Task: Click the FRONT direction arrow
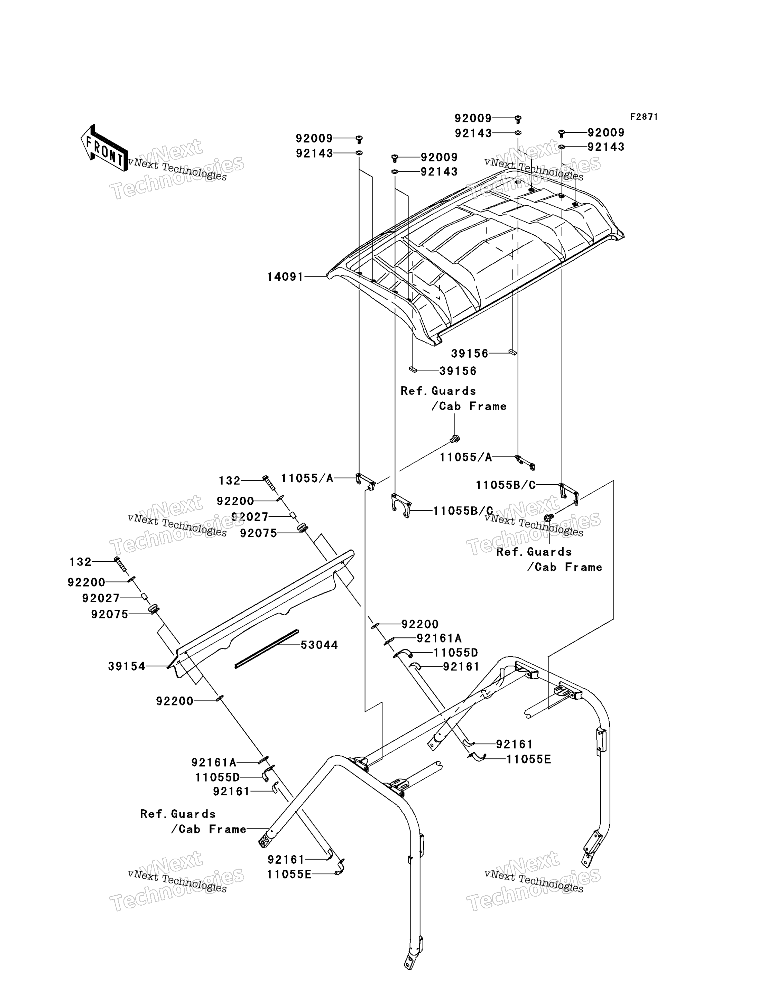[104, 148]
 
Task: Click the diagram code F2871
[644, 117]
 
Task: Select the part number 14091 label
[285, 277]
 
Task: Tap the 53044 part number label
[320, 645]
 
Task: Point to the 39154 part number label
[127, 666]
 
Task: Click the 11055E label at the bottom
[289, 874]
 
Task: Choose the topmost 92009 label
[473, 118]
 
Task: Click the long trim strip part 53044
[267, 649]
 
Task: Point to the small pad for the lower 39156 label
[413, 370]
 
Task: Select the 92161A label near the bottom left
[214, 762]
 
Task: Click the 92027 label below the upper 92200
[250, 516]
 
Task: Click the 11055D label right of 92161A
[456, 653]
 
